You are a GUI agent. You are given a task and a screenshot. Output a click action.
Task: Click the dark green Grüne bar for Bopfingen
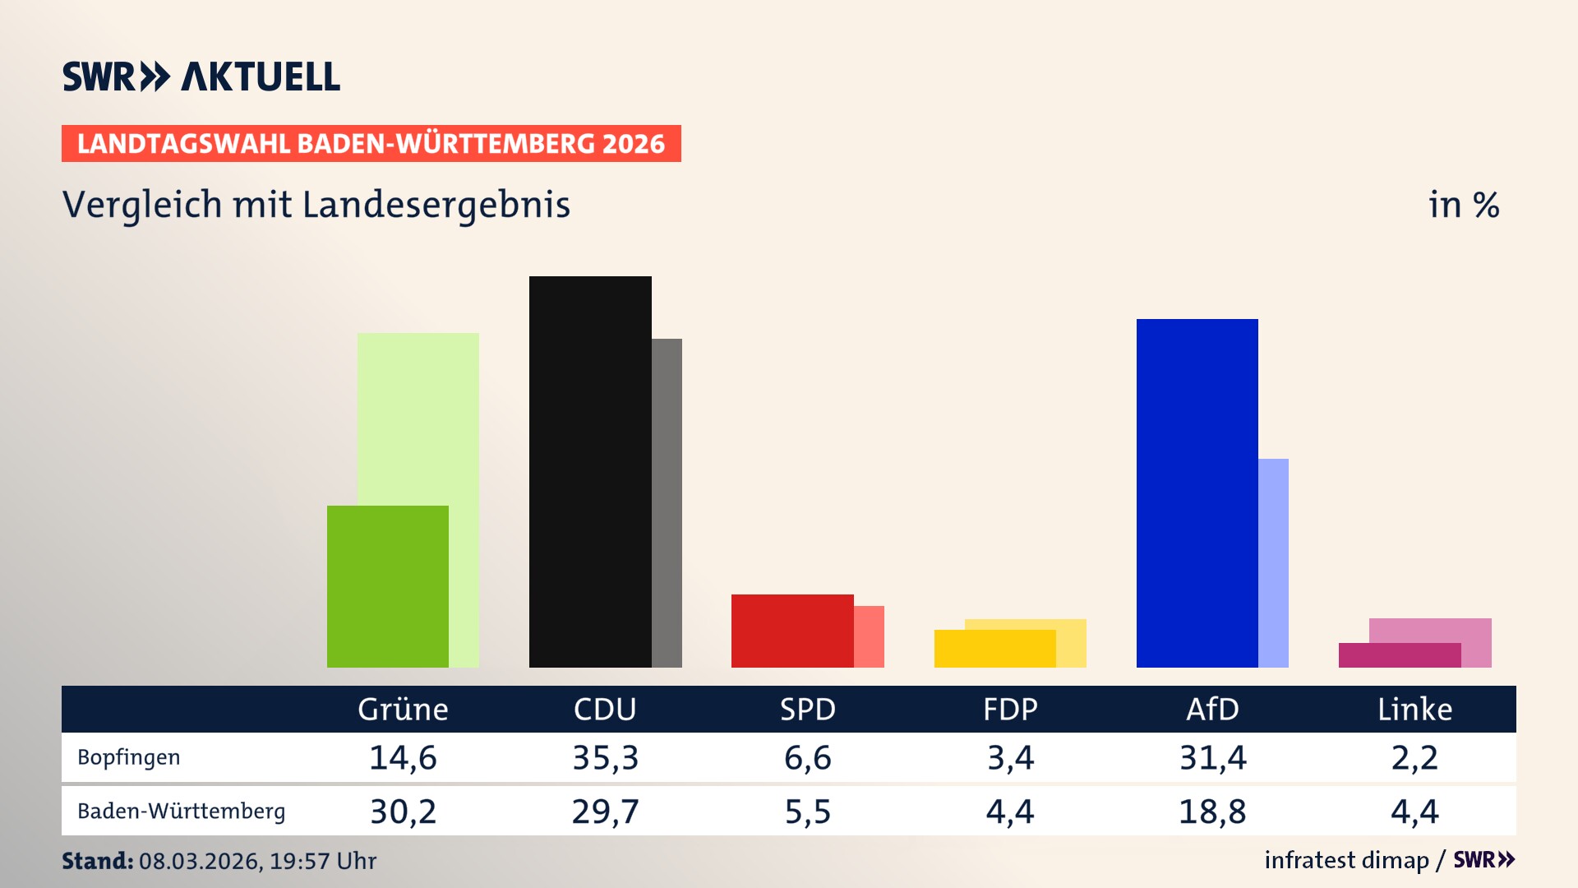click(387, 586)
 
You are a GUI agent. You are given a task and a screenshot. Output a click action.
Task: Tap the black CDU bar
click(590, 471)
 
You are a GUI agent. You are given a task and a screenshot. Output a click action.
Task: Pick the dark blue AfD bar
click(1197, 493)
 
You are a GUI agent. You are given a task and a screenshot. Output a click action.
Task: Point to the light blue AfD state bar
click(1273, 562)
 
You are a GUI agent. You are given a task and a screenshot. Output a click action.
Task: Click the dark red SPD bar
click(791, 631)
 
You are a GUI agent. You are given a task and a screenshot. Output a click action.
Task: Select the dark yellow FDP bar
click(994, 649)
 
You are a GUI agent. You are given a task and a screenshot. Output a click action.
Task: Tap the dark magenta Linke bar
click(1399, 655)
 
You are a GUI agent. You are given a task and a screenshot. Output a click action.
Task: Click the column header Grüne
click(403, 709)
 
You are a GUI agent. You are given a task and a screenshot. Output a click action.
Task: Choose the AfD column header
click(1212, 709)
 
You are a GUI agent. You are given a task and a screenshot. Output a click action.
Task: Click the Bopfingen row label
click(128, 757)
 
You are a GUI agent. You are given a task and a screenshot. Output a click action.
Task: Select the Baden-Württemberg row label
click(181, 811)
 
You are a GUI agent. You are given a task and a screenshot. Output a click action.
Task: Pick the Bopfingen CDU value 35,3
click(605, 757)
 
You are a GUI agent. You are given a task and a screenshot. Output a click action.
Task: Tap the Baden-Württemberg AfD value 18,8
click(1212, 812)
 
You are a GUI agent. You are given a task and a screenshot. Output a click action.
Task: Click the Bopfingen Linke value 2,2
click(1414, 757)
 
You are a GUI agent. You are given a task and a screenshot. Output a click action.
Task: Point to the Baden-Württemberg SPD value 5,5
click(807, 812)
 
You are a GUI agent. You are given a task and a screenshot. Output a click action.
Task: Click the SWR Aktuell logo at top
click(201, 76)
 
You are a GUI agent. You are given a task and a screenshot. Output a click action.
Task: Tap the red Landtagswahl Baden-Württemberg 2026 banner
click(371, 144)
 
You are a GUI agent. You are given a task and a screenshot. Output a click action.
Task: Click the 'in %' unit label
click(1463, 206)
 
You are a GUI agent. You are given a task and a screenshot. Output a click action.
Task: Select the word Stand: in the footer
click(97, 861)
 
